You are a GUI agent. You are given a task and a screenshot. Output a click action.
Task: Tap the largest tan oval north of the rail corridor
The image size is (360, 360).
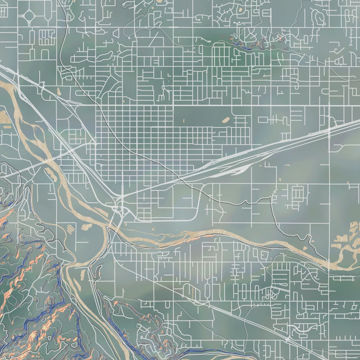225,120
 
